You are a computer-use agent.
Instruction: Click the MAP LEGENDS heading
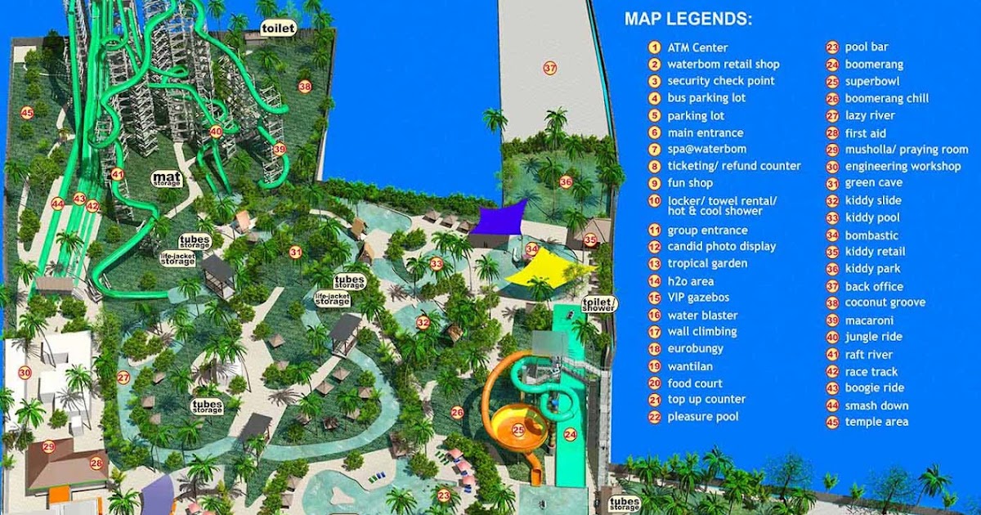688,20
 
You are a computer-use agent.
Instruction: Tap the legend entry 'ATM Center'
697,47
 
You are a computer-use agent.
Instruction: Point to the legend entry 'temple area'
876,422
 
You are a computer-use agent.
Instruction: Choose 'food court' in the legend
695,383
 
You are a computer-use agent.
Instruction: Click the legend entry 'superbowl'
872,82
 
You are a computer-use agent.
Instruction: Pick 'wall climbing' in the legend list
701,331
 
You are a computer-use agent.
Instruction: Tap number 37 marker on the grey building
550,68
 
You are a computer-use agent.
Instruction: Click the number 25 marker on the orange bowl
518,429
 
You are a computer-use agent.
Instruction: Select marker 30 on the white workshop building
25,373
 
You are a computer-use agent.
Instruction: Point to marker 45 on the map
27,113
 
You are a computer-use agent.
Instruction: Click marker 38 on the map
305,86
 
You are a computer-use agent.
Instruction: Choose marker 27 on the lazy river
123,377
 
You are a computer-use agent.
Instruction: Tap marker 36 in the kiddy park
567,181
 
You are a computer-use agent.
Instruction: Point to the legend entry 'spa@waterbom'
706,150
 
